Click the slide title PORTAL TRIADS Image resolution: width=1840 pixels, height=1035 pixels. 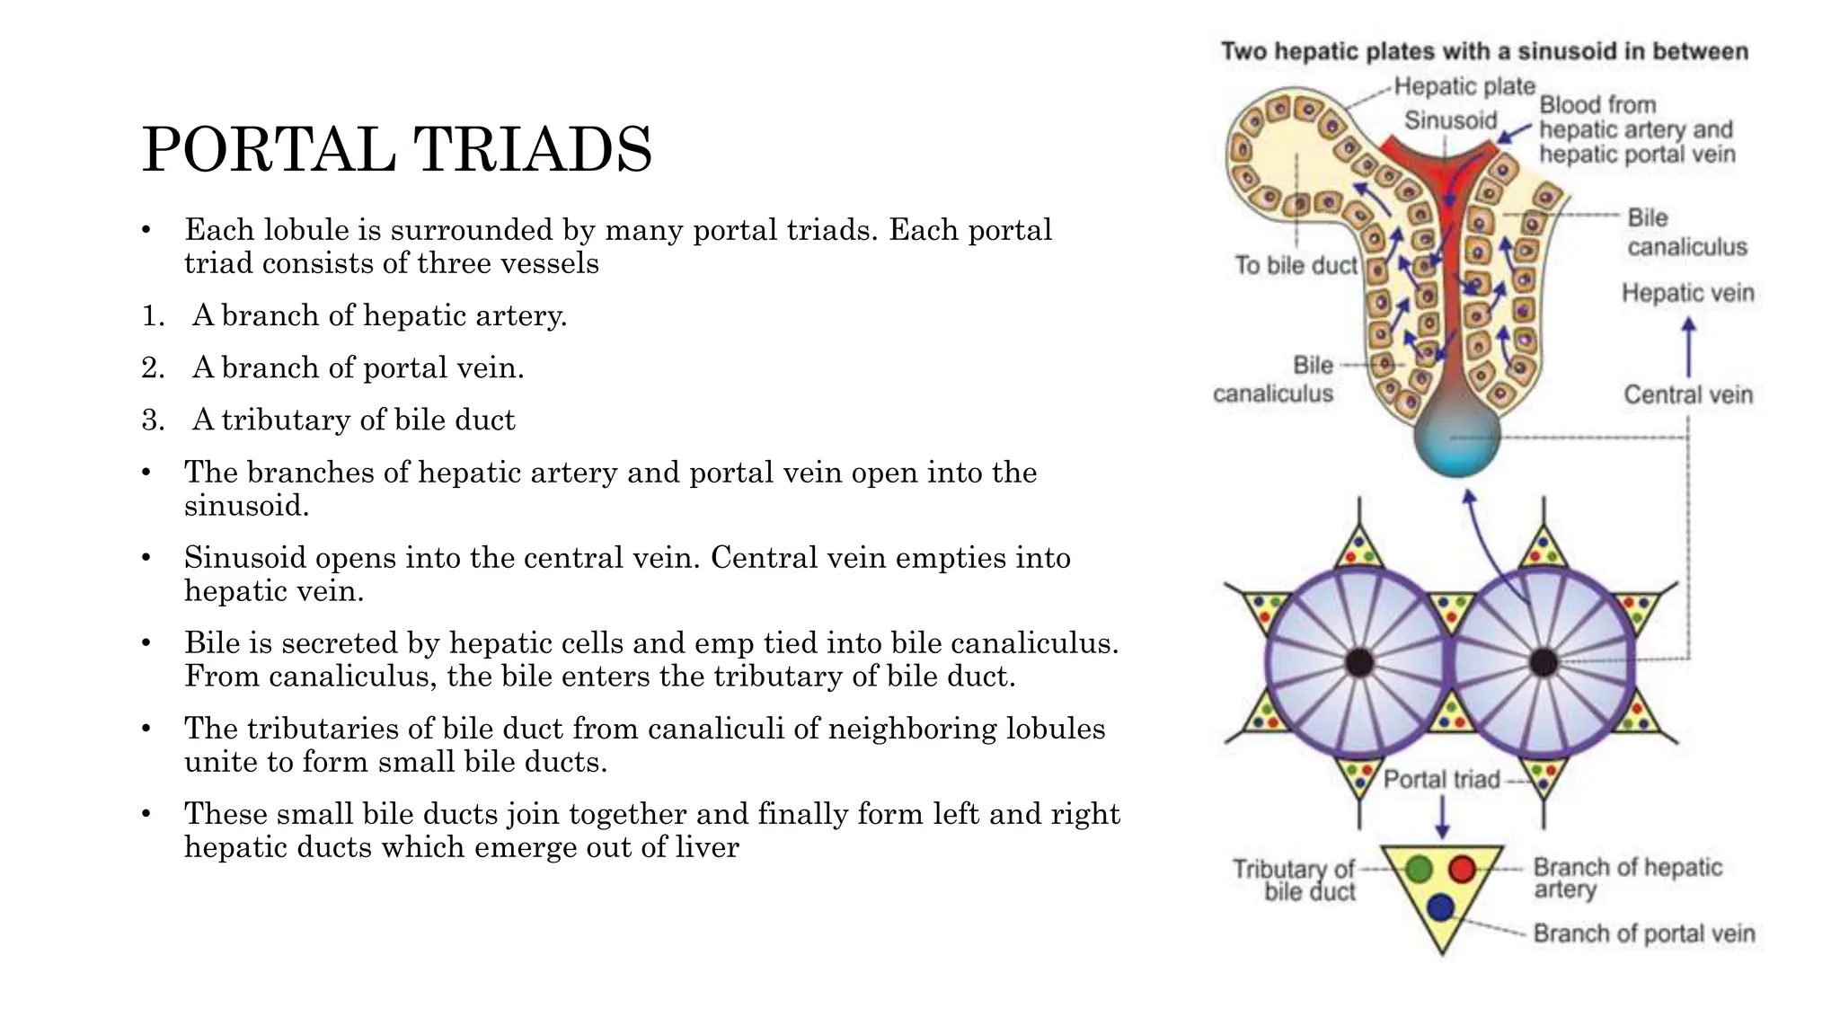396,149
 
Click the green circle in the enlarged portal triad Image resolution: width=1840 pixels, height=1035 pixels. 1419,869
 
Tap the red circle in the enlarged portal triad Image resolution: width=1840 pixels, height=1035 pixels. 1463,869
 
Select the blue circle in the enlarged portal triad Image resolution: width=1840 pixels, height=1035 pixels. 1440,907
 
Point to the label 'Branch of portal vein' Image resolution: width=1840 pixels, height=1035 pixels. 1643,933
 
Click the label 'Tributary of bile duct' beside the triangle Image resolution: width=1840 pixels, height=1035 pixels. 1294,880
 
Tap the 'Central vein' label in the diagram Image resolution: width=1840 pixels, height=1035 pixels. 1687,394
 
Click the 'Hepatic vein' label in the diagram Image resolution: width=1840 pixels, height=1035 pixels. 1687,293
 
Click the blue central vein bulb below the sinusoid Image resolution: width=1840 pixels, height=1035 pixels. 1456,439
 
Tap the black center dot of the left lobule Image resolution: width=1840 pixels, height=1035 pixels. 1359,663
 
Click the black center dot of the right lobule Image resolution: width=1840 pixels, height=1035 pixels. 1544,663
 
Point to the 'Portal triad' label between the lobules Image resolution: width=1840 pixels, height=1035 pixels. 1441,779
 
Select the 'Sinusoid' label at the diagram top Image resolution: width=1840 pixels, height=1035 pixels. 1450,120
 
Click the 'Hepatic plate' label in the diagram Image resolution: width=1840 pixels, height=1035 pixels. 1464,86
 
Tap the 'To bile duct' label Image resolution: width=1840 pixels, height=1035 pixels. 1296,265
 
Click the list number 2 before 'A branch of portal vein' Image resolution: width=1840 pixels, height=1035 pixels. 152,367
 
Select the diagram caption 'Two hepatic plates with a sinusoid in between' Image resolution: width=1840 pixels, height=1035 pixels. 1484,51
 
